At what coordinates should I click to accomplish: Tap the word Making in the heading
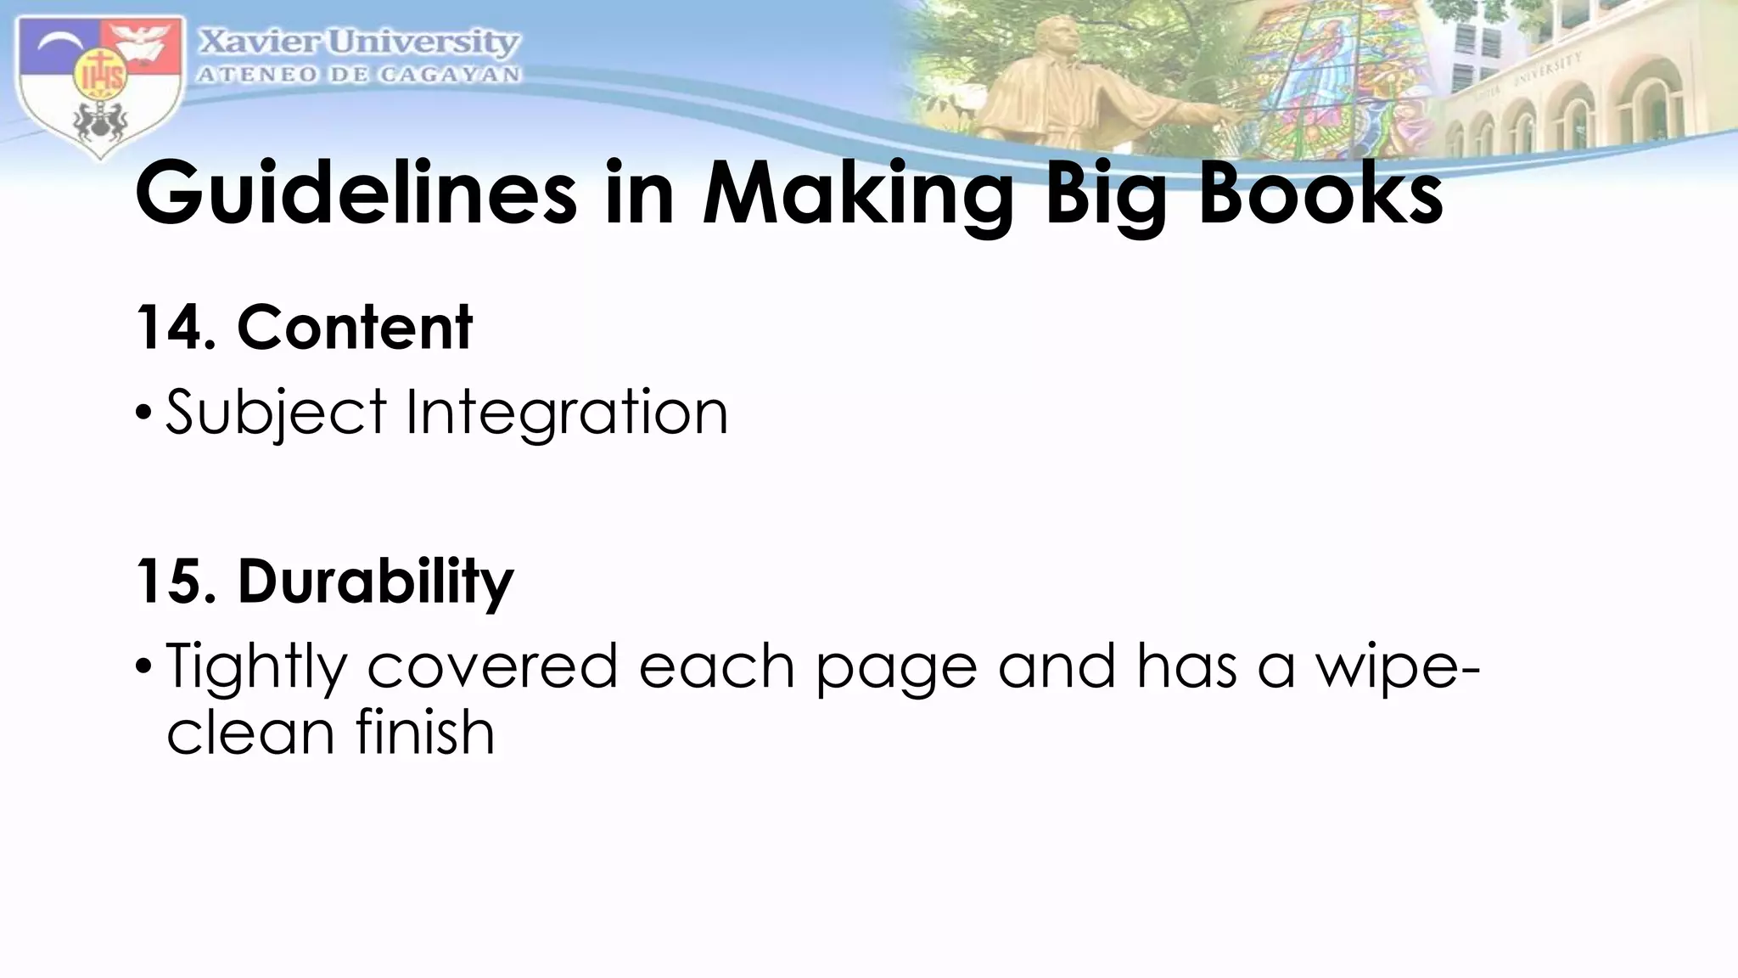[858, 195]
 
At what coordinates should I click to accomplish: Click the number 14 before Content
[170, 328]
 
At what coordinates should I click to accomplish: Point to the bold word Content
[354, 328]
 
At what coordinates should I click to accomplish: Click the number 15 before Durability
[170, 582]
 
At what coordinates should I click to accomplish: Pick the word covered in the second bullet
[492, 666]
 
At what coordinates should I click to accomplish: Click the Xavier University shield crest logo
[100, 85]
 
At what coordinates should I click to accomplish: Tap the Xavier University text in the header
[359, 42]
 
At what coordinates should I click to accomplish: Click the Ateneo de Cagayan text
[359, 75]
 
